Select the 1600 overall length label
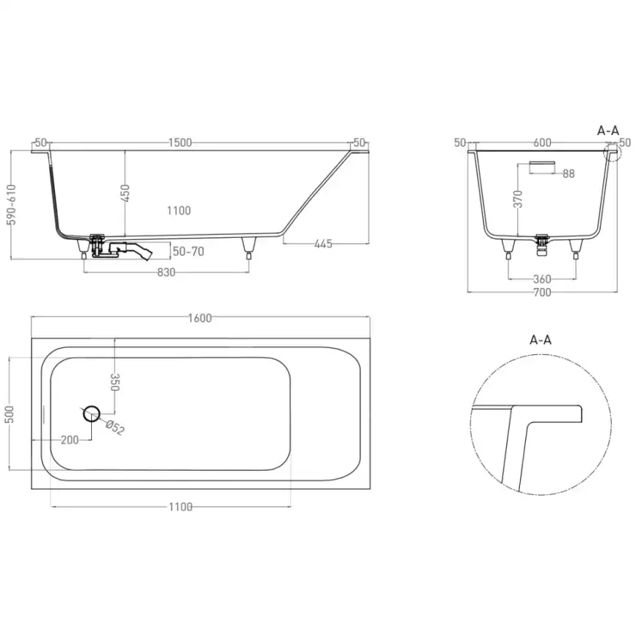[x=200, y=317]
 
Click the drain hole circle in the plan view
[x=92, y=413]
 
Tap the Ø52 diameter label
[x=115, y=428]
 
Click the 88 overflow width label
[x=568, y=173]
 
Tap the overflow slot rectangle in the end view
[x=542, y=165]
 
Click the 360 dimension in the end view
[x=541, y=279]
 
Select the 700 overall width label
[x=541, y=292]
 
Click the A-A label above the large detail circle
[x=540, y=339]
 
